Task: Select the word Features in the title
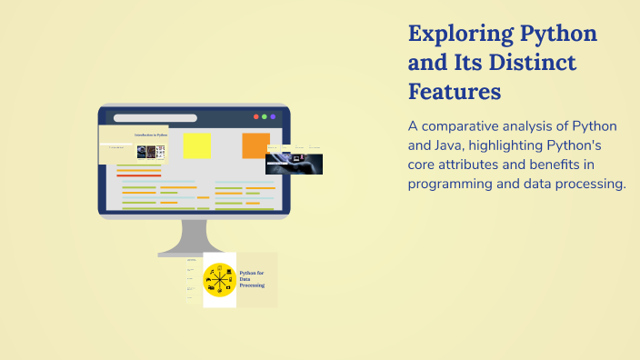(x=455, y=92)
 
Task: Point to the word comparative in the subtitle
(x=465, y=126)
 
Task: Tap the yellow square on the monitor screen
(x=196, y=145)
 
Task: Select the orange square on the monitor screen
(x=255, y=145)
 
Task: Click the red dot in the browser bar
(x=255, y=116)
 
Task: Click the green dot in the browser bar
(x=264, y=116)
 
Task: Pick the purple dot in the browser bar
(x=273, y=116)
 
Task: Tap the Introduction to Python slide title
(x=151, y=135)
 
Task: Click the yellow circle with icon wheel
(x=218, y=280)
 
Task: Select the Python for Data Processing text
(x=252, y=278)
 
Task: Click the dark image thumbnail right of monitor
(x=294, y=164)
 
